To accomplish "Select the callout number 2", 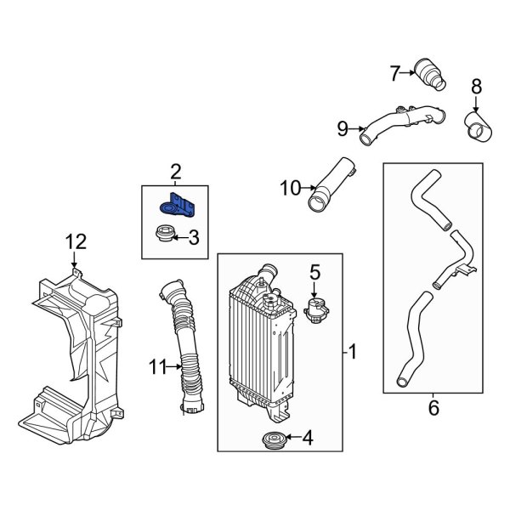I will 176,173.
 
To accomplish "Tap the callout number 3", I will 193,239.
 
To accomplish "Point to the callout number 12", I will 76,242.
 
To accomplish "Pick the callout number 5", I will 314,273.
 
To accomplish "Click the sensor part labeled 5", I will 318,307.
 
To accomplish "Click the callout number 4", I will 308,439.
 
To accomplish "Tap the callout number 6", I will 433,409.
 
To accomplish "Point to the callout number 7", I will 394,74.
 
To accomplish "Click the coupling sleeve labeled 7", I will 429,73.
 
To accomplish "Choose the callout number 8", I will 476,85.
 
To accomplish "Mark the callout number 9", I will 343,128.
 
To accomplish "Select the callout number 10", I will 290,188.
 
